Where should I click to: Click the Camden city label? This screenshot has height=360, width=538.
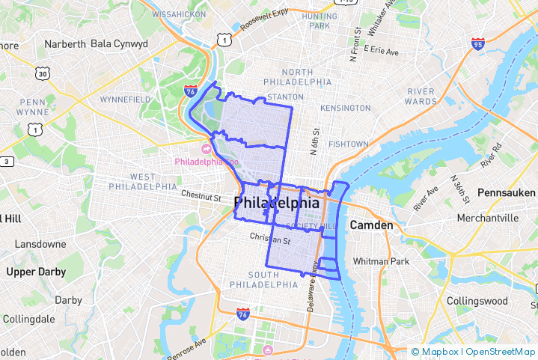[371, 225]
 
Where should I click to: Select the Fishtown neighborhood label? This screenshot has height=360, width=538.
[348, 144]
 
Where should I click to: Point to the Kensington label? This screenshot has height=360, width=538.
[345, 108]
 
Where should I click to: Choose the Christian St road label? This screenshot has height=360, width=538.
[269, 240]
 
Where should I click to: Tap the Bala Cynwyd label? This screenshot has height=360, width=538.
[119, 43]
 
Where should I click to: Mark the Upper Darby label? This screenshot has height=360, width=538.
[36, 272]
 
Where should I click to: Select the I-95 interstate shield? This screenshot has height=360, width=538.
[477, 45]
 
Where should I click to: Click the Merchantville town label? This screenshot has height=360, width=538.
[488, 218]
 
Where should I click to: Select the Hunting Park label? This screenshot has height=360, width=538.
[320, 20]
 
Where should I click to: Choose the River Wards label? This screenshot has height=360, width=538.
[421, 96]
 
